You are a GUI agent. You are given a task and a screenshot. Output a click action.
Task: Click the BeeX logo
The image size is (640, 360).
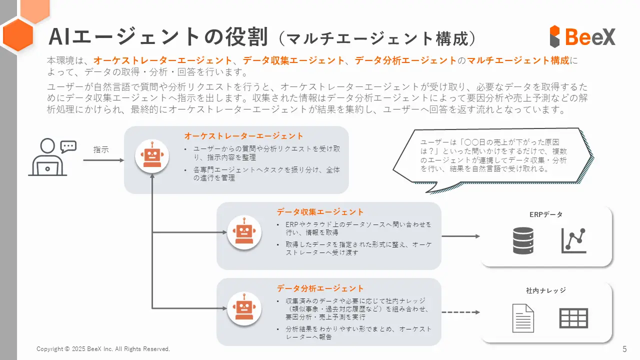(x=582, y=36)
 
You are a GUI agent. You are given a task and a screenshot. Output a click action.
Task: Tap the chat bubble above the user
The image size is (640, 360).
(x=68, y=147)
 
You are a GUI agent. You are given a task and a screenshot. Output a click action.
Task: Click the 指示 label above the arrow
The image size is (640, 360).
(x=101, y=149)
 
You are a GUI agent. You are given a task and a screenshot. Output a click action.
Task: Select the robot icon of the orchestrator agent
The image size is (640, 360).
(x=152, y=156)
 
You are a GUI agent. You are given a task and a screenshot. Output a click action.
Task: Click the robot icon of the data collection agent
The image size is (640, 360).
(x=244, y=232)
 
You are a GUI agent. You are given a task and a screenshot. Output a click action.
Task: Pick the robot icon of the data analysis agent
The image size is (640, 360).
(x=244, y=308)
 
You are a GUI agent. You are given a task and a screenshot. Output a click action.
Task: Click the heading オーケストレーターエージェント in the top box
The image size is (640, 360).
(x=243, y=136)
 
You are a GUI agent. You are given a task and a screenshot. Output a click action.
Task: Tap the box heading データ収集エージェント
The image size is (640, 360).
(x=320, y=212)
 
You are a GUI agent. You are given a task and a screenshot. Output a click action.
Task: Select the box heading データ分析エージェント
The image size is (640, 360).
(x=320, y=288)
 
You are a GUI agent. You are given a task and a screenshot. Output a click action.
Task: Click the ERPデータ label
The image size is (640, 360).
(x=546, y=214)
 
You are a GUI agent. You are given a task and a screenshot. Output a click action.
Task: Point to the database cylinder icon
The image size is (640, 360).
(x=523, y=240)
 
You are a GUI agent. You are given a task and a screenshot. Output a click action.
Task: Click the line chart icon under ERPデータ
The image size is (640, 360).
(x=573, y=240)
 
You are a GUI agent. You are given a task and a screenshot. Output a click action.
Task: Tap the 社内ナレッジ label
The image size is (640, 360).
(x=545, y=290)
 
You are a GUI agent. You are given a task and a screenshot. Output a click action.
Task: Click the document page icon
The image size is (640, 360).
(x=523, y=318)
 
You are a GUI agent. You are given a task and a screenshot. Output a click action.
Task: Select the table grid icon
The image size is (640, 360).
(x=573, y=318)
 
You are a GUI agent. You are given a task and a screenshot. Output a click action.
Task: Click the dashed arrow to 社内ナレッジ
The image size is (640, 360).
(x=460, y=312)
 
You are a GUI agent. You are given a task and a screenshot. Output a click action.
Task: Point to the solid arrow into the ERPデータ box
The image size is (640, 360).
(x=460, y=236)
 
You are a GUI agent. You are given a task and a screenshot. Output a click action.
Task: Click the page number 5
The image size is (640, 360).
(x=624, y=349)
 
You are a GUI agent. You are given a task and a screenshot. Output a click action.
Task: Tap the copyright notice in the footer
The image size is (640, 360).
(x=103, y=349)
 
